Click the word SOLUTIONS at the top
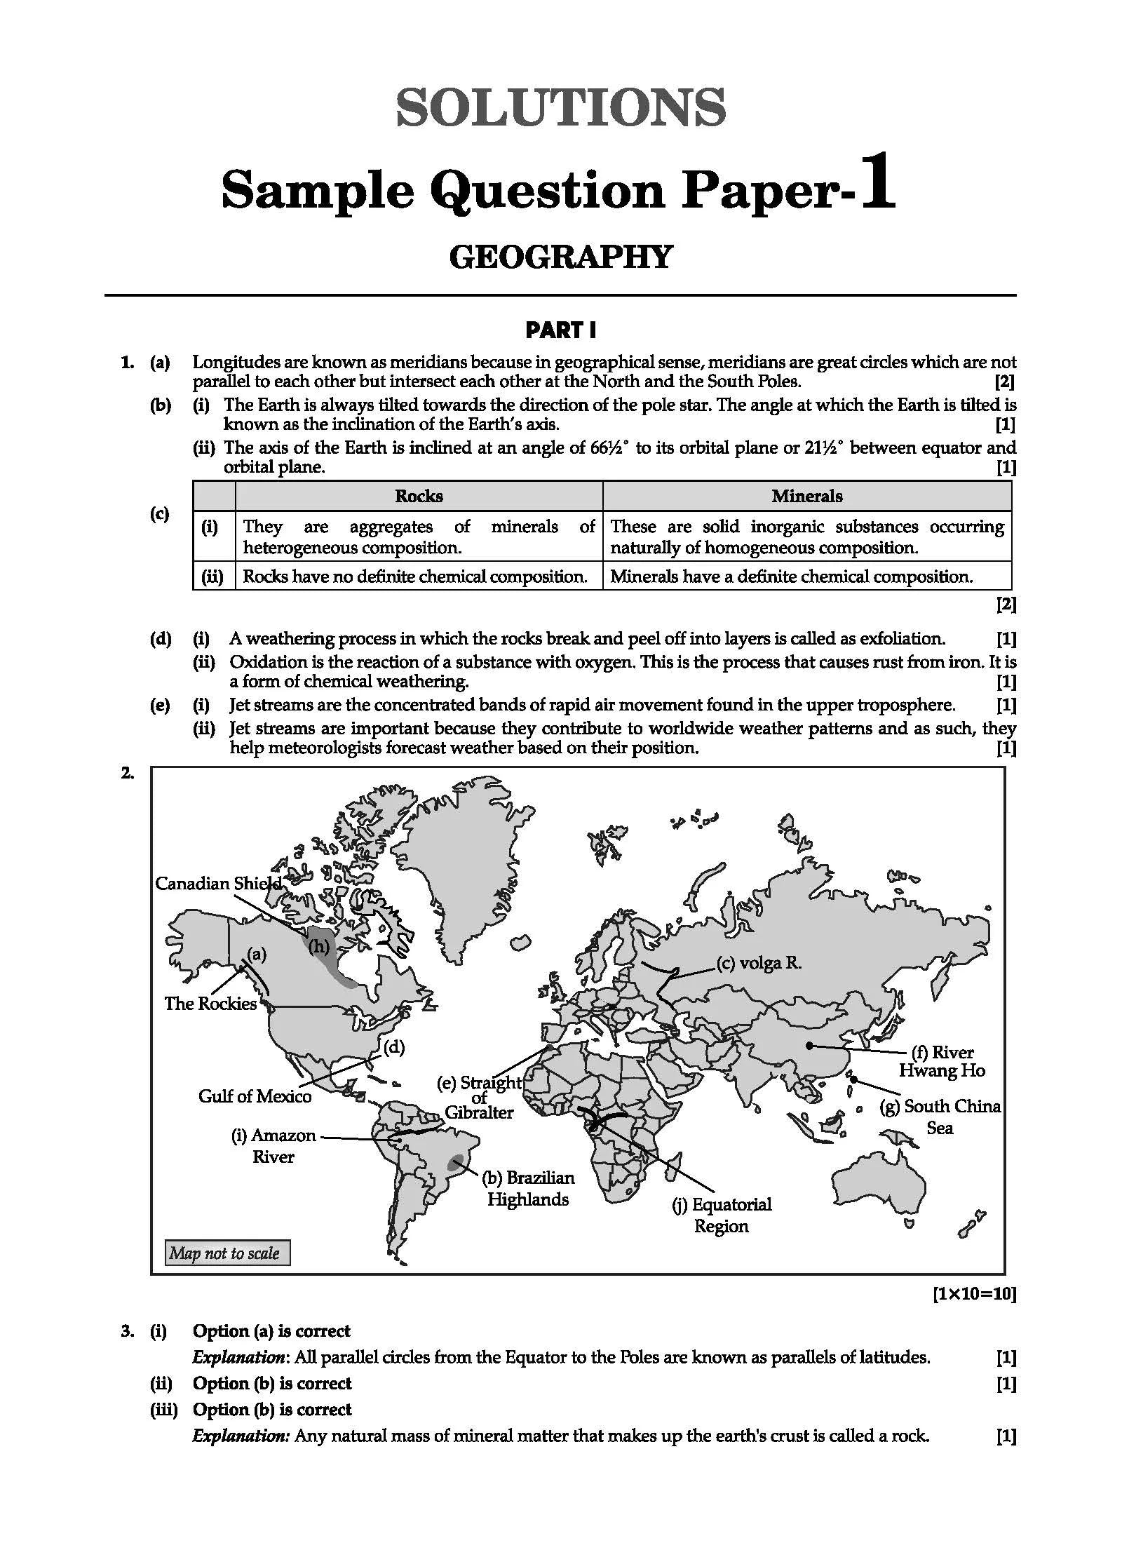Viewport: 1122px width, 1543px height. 560,107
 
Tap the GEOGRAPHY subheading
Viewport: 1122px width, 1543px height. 560,257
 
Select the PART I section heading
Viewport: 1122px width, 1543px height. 560,330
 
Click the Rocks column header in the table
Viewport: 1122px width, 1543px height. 419,496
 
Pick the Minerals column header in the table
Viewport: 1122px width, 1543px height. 806,496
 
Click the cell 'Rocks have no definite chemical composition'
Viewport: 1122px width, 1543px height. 415,577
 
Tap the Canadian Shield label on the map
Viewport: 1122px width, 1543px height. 218,883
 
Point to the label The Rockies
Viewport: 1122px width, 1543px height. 210,1004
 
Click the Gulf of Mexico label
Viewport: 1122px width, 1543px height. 255,1096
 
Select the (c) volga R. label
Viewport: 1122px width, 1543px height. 759,963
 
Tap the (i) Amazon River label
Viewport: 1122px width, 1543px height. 273,1145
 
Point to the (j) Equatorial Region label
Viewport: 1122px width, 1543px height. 722,1215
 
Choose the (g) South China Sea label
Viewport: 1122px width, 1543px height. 940,1117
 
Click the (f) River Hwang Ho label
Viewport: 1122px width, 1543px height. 942,1061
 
